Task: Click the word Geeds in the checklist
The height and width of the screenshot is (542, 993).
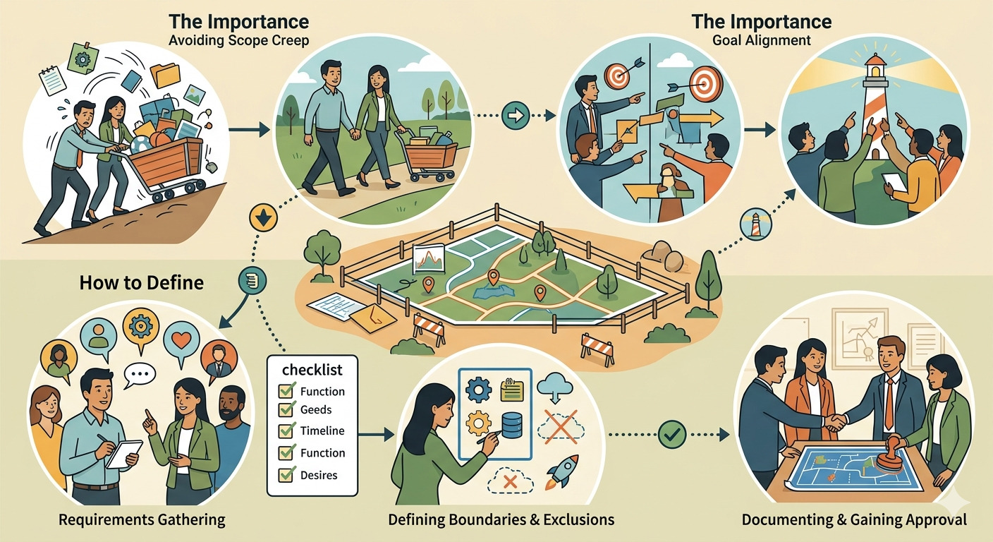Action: tap(316, 409)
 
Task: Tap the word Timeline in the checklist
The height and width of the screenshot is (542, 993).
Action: tap(322, 430)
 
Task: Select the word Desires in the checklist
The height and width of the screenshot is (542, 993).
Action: tap(319, 475)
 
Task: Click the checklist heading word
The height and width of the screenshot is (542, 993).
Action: tap(312, 370)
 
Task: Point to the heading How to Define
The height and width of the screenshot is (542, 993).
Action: tap(142, 282)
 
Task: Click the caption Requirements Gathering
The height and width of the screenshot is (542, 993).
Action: tap(142, 519)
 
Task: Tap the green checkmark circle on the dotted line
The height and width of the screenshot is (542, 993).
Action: tap(672, 435)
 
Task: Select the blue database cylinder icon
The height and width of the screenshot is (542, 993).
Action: tap(513, 425)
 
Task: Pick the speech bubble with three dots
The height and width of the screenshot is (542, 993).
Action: tap(139, 375)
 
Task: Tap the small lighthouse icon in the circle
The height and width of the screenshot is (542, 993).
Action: tap(756, 225)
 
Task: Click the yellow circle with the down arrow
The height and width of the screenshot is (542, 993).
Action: tap(263, 218)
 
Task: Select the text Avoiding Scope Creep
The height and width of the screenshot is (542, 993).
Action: tap(239, 40)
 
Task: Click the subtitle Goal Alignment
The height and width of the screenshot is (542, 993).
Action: tap(762, 40)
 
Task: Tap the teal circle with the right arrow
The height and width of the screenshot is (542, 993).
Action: tap(516, 115)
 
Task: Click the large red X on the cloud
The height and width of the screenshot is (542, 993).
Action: tap(561, 426)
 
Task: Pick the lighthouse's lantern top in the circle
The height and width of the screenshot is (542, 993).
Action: tap(875, 68)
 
